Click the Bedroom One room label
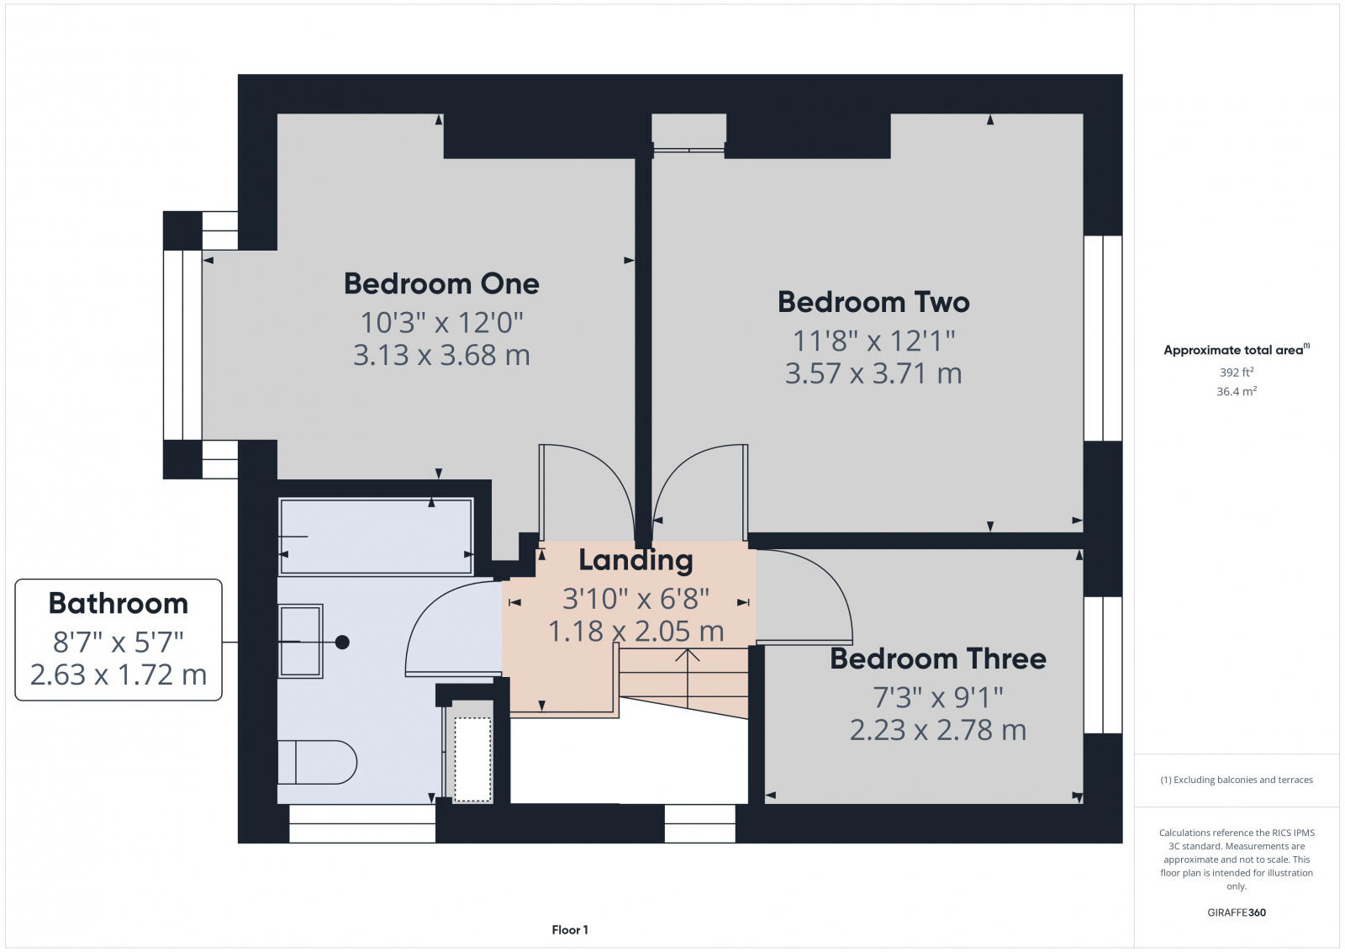441,283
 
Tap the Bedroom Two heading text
873,302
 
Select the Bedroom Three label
937,658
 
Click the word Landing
636,560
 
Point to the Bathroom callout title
119,604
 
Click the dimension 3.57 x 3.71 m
873,373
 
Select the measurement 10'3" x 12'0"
441,322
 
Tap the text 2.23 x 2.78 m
937,730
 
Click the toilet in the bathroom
317,762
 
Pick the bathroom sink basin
300,641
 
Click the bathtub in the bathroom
376,537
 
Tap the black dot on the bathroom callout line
342,642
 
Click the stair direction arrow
688,664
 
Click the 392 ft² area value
1237,372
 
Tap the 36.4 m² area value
1237,391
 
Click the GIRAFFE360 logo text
1236,912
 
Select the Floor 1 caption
570,929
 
